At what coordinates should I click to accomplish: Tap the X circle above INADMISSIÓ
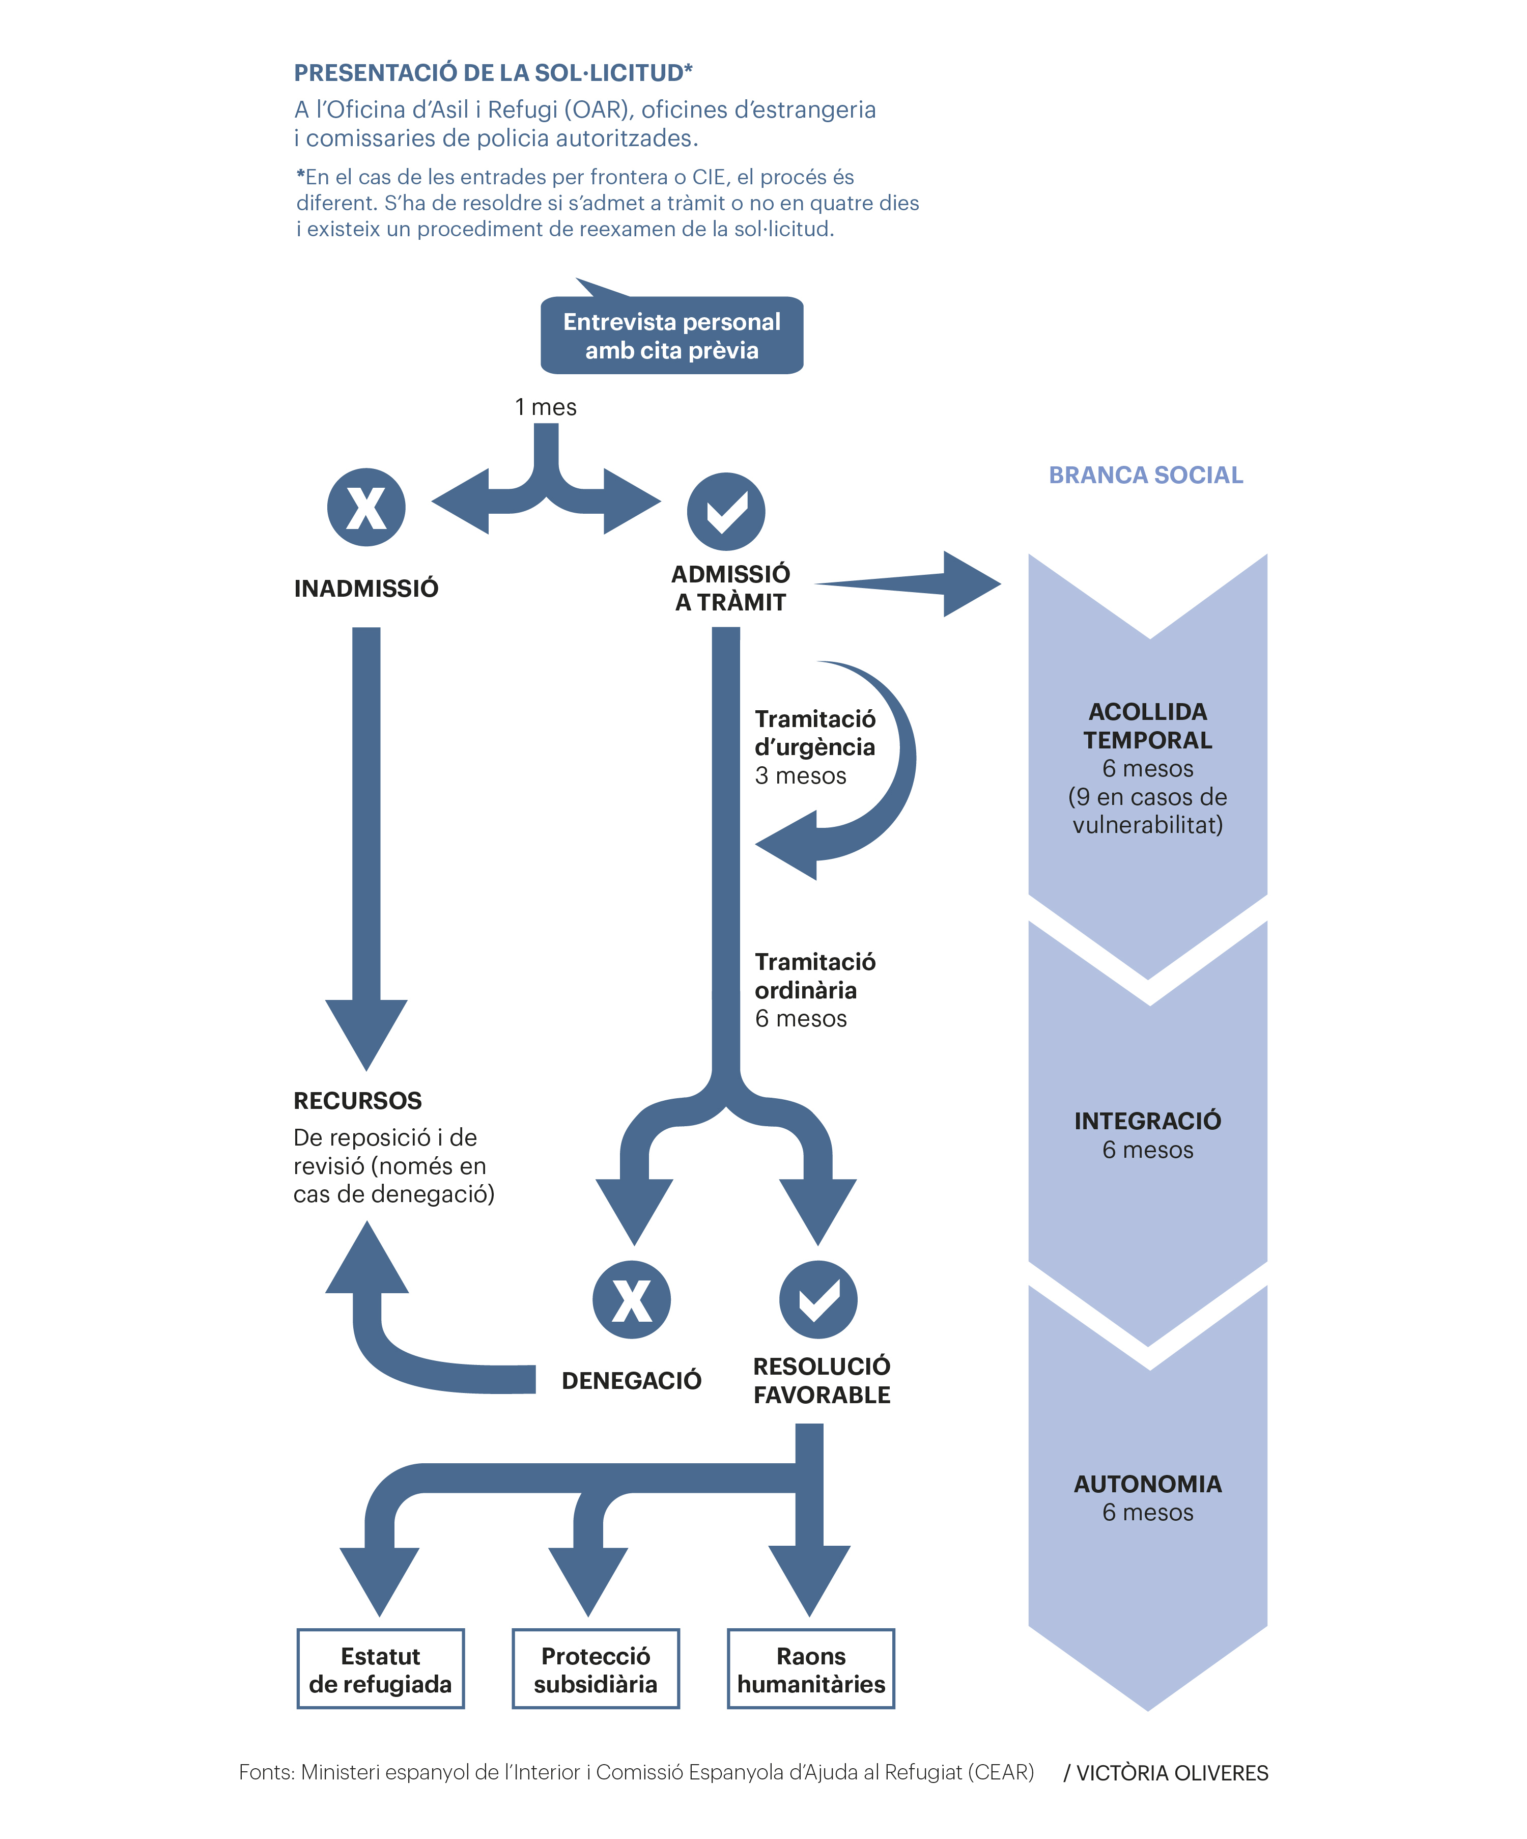pyautogui.click(x=366, y=507)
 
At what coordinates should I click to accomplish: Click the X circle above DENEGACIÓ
pyautogui.click(x=631, y=1299)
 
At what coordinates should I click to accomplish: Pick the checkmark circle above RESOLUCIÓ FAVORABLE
pyautogui.click(x=818, y=1299)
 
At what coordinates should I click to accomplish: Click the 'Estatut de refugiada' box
pyautogui.click(x=380, y=1668)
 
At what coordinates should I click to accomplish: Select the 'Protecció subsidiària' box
pyautogui.click(x=596, y=1668)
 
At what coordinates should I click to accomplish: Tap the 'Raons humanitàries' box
pyautogui.click(x=811, y=1668)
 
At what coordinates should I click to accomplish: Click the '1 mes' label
pyautogui.click(x=546, y=407)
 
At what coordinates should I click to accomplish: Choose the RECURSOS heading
pyautogui.click(x=357, y=1101)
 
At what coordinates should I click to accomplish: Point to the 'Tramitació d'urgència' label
pyautogui.click(x=814, y=733)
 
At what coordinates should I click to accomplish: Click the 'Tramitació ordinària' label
pyautogui.click(x=814, y=976)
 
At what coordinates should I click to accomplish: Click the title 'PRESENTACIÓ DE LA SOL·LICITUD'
pyautogui.click(x=493, y=73)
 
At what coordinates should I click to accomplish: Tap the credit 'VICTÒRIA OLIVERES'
pyautogui.click(x=1172, y=1773)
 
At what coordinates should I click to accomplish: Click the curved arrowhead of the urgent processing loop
pyautogui.click(x=786, y=845)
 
